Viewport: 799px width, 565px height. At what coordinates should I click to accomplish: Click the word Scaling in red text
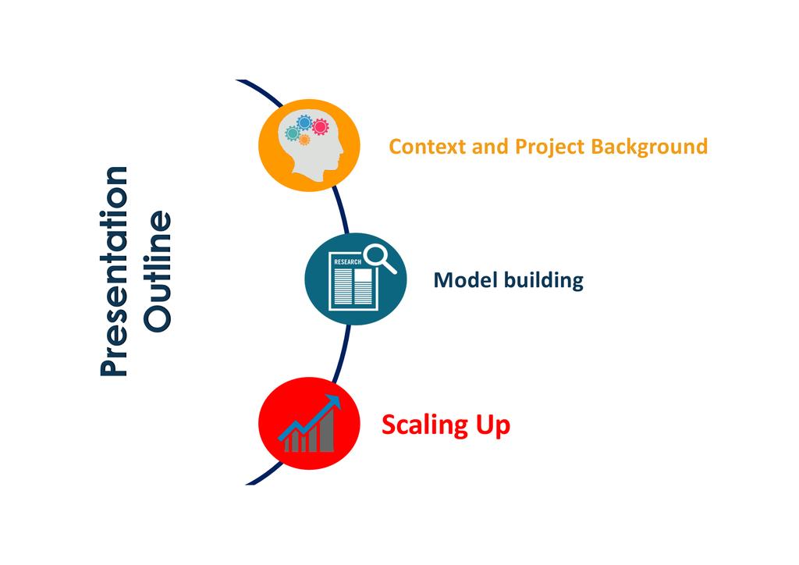point(422,425)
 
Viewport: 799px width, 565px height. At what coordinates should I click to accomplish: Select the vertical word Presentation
point(115,271)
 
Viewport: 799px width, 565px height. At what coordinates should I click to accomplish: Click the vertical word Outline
point(159,271)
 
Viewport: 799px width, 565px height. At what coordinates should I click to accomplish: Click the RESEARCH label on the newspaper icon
point(347,262)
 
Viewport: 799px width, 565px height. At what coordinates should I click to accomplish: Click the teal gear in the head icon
point(293,134)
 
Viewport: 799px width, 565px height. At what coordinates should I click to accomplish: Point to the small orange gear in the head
point(304,140)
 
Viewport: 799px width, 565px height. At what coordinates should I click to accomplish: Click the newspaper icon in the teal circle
point(350,281)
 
